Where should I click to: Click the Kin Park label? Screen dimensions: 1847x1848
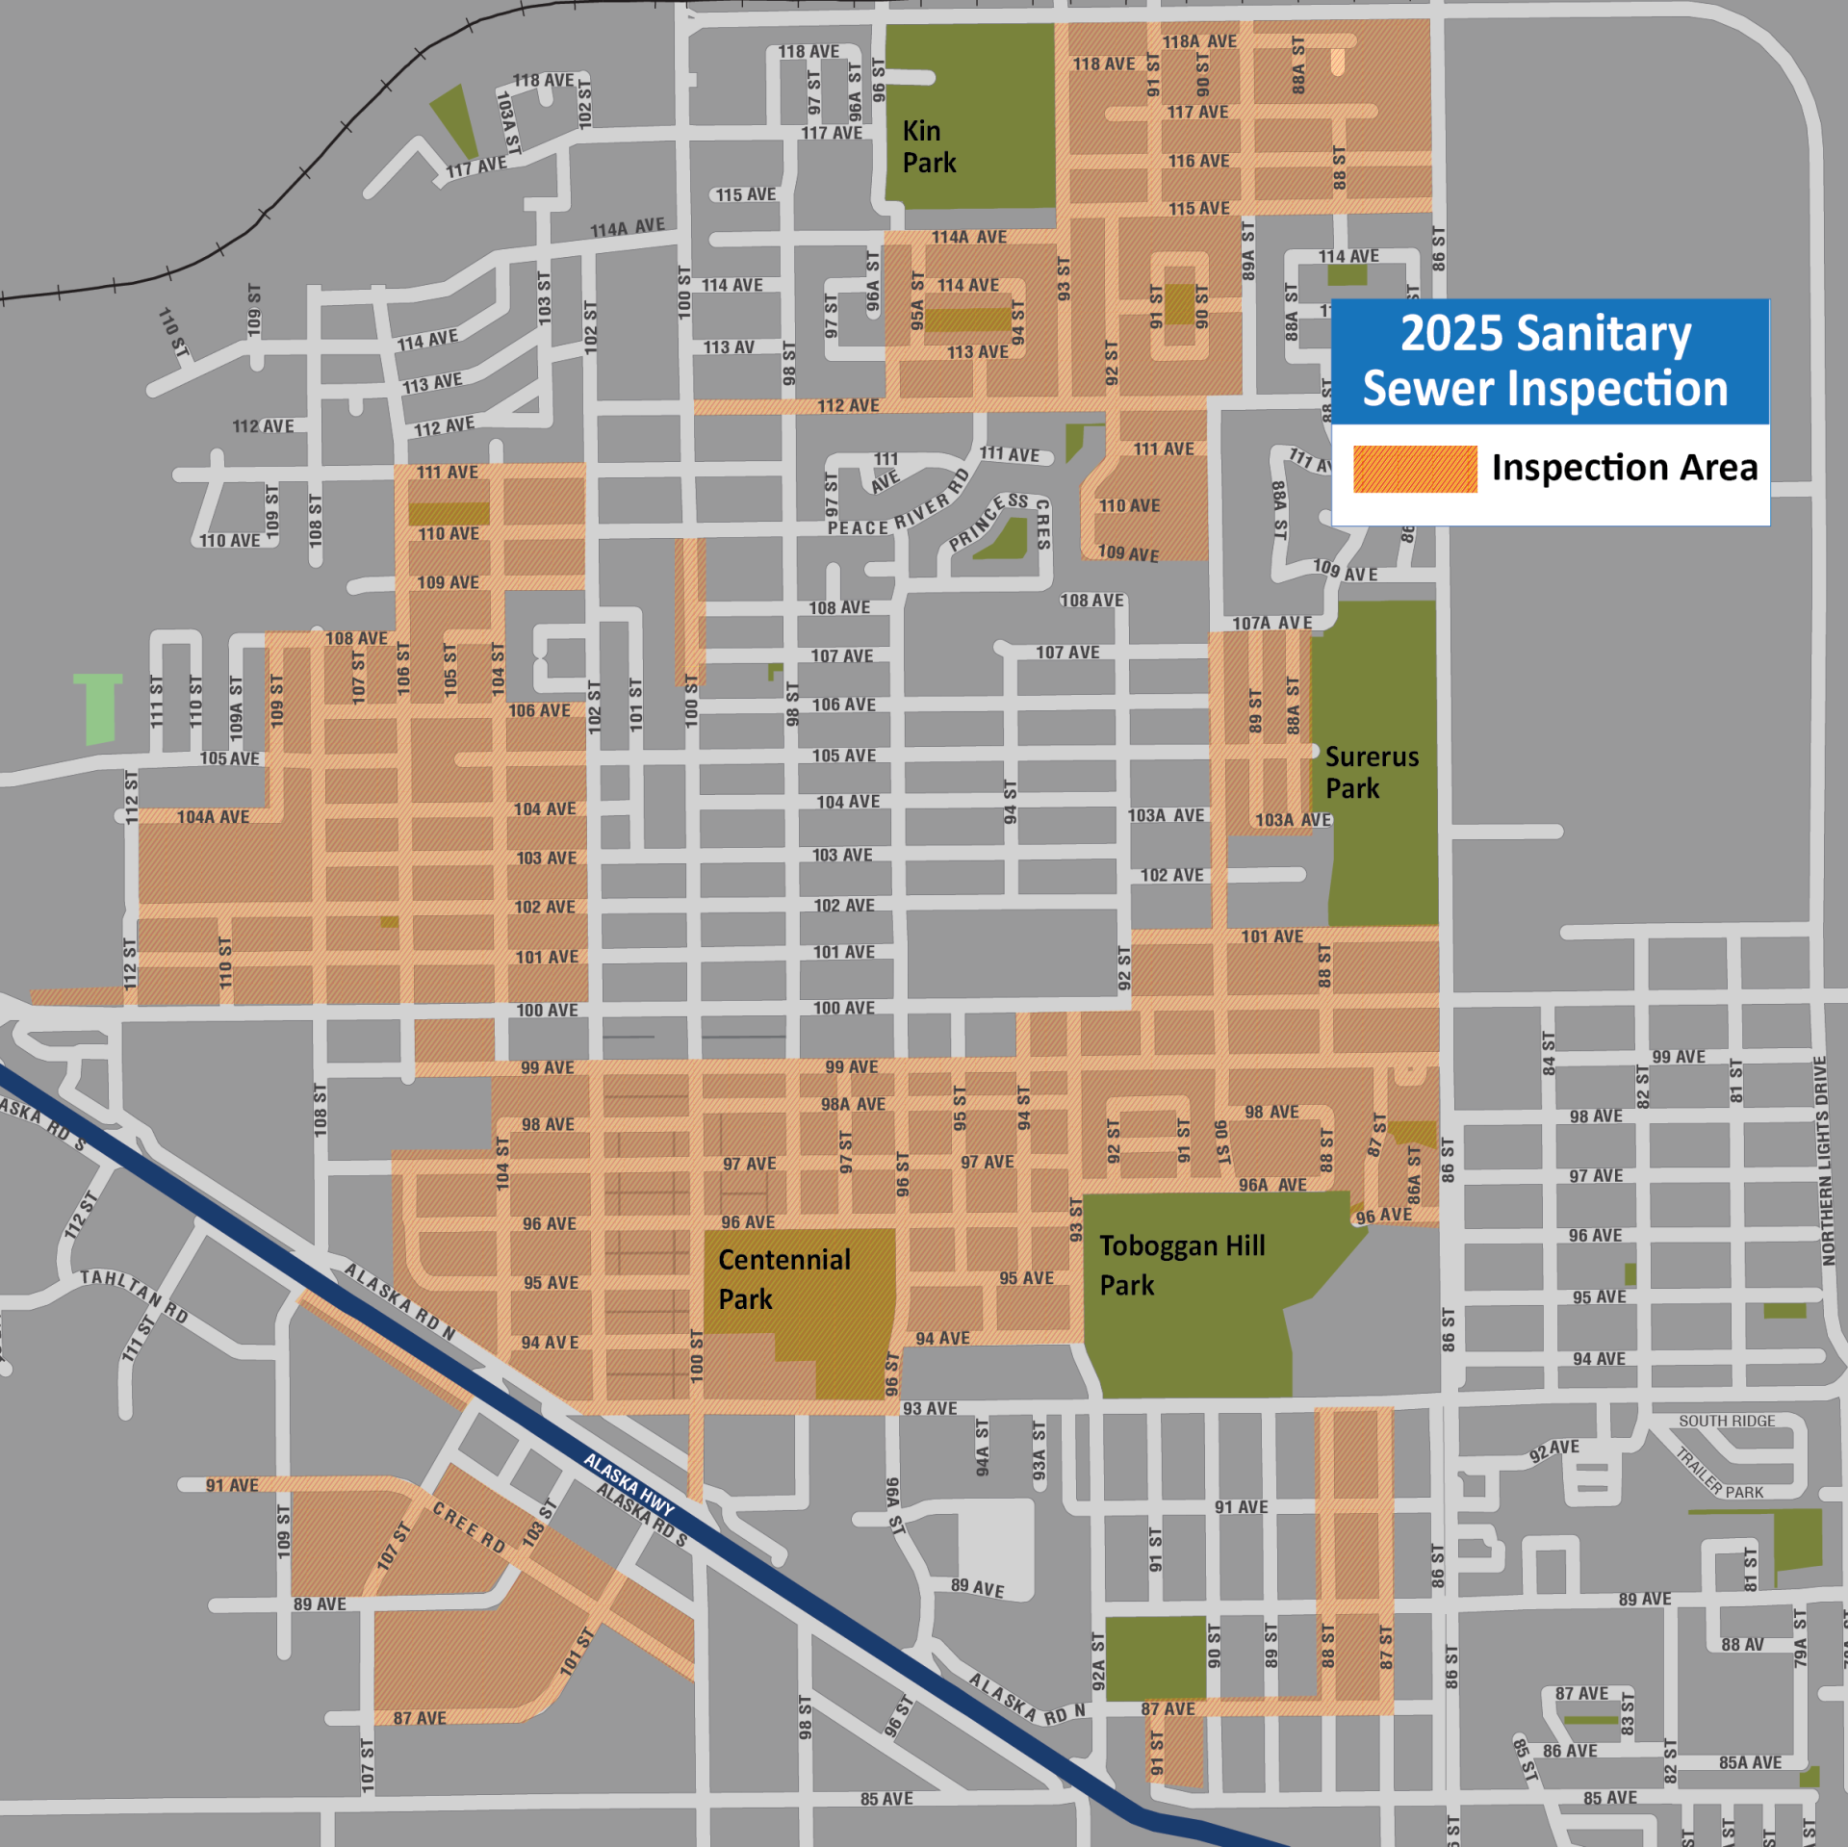pos(929,146)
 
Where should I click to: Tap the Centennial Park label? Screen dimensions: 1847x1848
pos(783,1278)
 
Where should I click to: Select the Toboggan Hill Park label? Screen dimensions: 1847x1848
pos(1182,1265)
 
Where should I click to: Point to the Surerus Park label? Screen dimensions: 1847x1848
pos(1371,772)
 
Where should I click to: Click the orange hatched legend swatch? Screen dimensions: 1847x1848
pos(1414,469)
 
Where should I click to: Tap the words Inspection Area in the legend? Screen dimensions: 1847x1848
pos(1624,468)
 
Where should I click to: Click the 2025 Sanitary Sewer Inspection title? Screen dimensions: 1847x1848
pos(1546,361)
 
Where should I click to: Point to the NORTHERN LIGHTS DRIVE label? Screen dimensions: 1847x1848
pos(1820,1161)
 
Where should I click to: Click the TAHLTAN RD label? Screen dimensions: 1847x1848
pos(134,1295)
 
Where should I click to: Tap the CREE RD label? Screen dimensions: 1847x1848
pos(469,1526)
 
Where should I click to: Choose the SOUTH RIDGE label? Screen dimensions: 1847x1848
pos(1727,1421)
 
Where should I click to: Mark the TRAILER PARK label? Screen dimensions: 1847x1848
pos(1720,1473)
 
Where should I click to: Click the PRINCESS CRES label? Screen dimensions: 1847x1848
pos(1001,520)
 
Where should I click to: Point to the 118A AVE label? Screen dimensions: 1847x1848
pos(1199,41)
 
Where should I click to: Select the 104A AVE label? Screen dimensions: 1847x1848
pos(213,817)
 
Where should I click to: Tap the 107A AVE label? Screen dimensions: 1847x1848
pos(1271,623)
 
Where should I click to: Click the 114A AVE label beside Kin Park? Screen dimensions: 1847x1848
pos(968,237)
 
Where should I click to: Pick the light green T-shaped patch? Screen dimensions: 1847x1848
pos(98,707)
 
